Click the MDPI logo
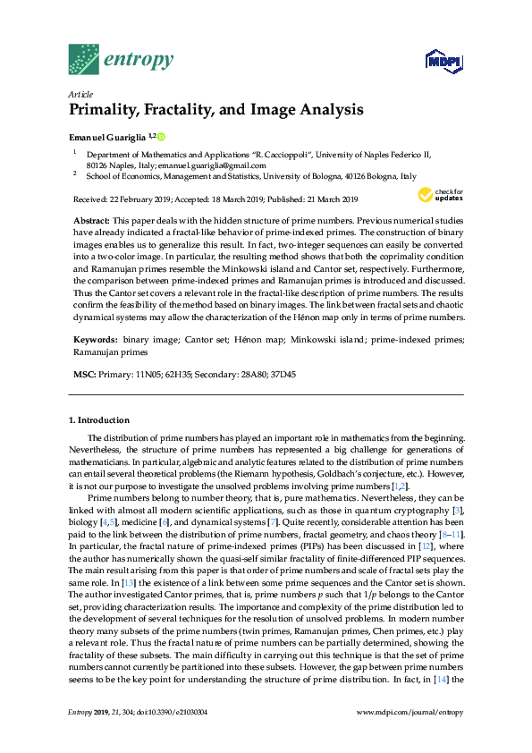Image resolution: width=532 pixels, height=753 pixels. coord(435,61)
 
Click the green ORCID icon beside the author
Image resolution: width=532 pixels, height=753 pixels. coord(161,135)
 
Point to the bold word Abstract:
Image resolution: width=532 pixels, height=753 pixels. coord(94,220)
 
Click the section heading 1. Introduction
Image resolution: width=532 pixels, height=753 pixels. coord(99,419)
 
